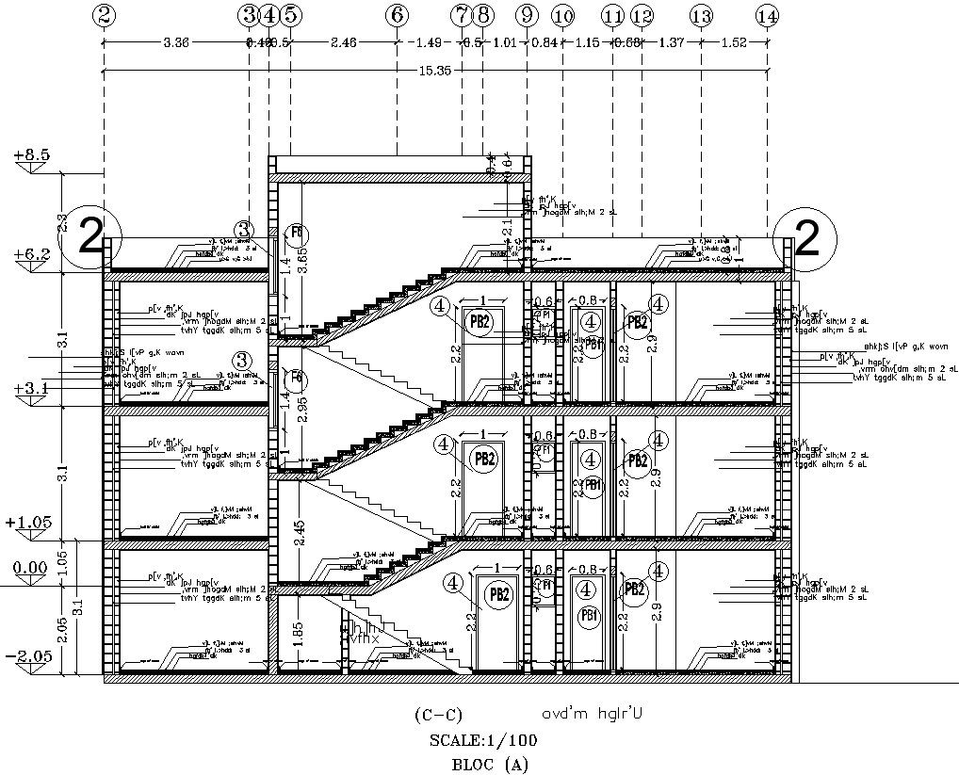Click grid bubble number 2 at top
pos(105,15)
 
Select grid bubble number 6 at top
pos(397,15)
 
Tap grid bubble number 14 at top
pos(768,15)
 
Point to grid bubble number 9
pos(527,15)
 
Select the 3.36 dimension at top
pos(177,42)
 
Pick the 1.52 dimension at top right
pos(734,42)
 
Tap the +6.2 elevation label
pos(31,254)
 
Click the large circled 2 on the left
pos(90,238)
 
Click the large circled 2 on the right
pos(806,239)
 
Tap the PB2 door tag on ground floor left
pos(499,594)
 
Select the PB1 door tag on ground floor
pos(591,617)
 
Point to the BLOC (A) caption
pos(490,764)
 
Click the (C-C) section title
pos(438,714)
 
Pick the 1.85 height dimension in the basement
pos(298,633)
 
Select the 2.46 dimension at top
pos(343,42)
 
